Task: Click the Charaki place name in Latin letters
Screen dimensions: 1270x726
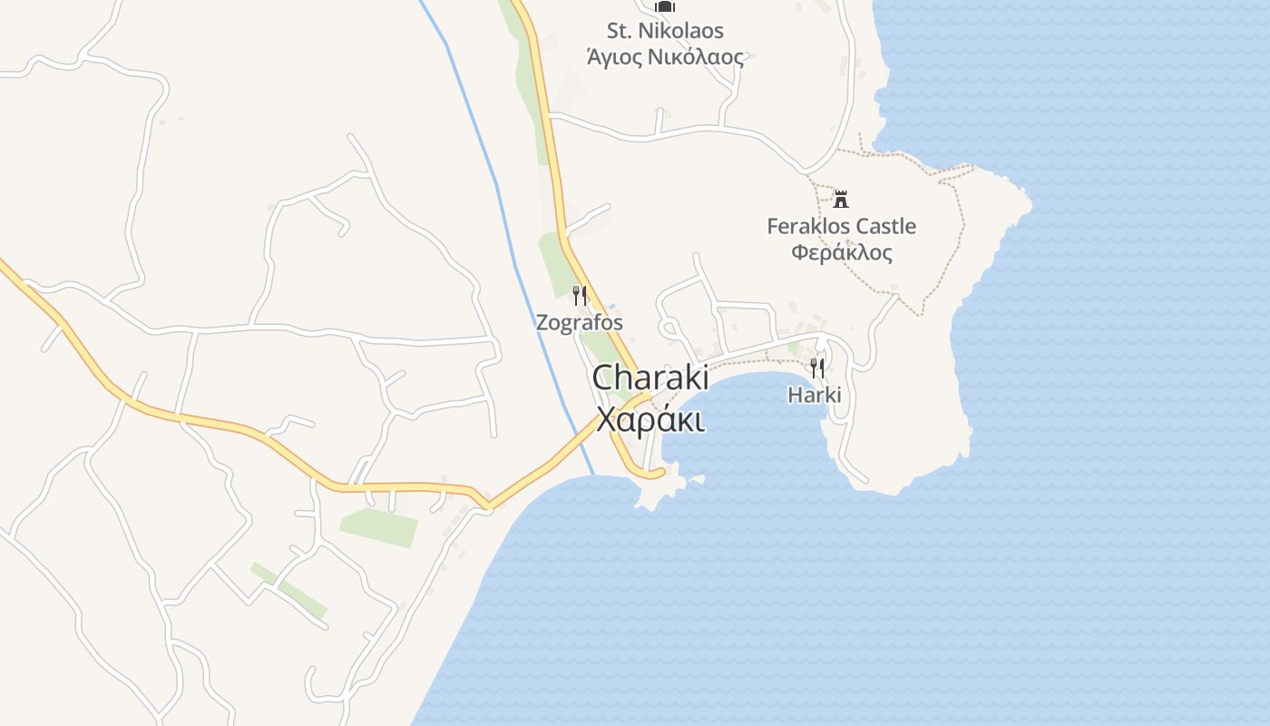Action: [650, 378]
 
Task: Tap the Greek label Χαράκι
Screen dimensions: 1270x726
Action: [650, 420]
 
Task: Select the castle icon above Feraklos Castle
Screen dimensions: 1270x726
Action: [841, 199]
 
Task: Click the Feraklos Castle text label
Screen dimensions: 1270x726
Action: [841, 226]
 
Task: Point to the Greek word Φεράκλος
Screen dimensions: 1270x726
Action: [841, 252]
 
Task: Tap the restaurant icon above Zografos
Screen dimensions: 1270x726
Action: [580, 295]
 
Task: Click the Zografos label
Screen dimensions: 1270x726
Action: [580, 322]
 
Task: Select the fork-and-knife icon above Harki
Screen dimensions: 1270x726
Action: [817, 368]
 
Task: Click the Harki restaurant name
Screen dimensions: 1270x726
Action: [815, 395]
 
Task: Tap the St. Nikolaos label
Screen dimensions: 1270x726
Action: [665, 31]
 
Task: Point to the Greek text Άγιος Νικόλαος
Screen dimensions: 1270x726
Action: [665, 57]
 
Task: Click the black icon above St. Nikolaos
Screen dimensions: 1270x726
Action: [665, 7]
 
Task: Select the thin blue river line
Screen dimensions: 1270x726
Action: [508, 227]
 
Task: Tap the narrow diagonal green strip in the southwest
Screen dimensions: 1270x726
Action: [289, 591]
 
